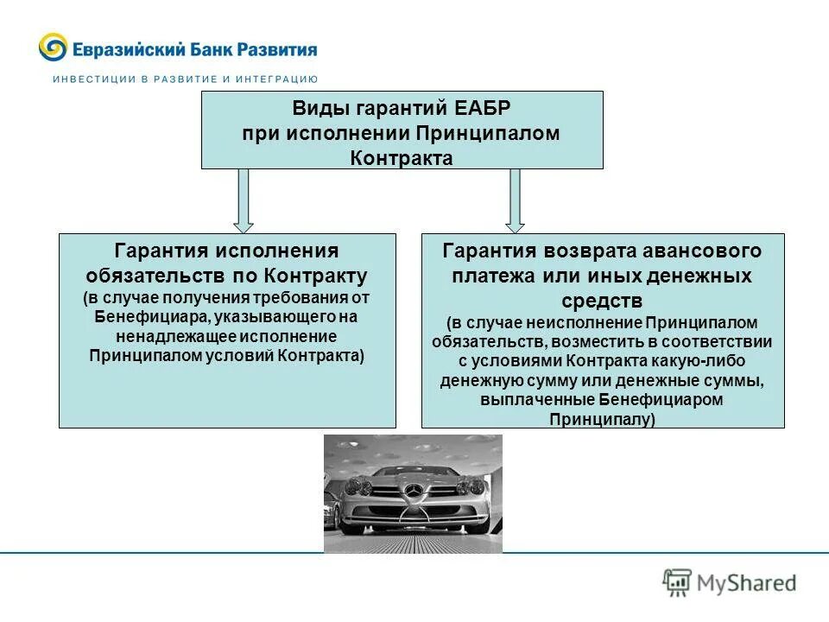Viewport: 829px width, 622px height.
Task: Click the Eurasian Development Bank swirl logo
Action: (x=53, y=48)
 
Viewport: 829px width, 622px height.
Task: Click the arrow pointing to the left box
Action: (x=244, y=200)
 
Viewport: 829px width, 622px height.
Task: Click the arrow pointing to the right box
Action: (x=515, y=200)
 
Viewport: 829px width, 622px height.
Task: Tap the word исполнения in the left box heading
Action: (x=276, y=251)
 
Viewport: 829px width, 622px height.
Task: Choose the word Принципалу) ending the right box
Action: (x=602, y=419)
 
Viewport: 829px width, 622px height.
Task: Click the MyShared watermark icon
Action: (x=677, y=583)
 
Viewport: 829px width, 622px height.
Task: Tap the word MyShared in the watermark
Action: (x=747, y=584)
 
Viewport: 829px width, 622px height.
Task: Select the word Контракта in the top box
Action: (x=402, y=158)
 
